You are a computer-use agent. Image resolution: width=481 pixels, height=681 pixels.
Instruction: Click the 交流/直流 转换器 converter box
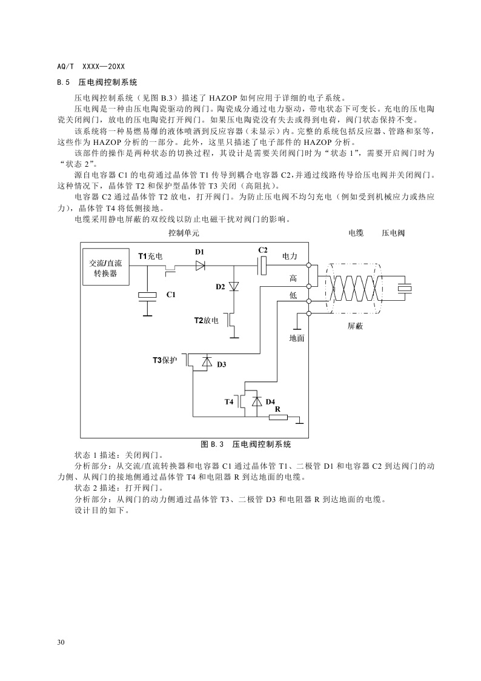[x=106, y=268]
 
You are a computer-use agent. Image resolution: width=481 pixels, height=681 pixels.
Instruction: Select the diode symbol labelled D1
[x=200, y=264]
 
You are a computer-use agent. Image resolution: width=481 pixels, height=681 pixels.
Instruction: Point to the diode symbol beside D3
[x=207, y=362]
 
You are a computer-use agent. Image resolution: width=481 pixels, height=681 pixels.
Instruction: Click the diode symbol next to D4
[x=256, y=401]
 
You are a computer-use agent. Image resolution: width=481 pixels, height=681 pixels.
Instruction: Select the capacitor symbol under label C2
[x=263, y=264]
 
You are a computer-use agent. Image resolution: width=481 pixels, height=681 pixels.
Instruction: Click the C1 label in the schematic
[x=171, y=294]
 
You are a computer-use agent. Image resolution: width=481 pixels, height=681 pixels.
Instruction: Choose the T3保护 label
[x=164, y=360]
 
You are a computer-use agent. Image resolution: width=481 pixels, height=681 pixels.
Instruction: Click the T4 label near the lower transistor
[x=229, y=401]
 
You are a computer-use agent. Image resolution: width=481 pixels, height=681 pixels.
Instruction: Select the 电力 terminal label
[x=290, y=257]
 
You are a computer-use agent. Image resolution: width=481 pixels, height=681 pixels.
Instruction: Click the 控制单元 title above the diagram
[x=184, y=232]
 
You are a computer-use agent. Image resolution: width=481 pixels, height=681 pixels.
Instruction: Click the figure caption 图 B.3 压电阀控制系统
[x=246, y=444]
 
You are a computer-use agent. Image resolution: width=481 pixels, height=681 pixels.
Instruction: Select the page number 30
[x=60, y=642]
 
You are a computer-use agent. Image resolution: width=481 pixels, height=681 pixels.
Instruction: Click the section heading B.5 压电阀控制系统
[x=97, y=81]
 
